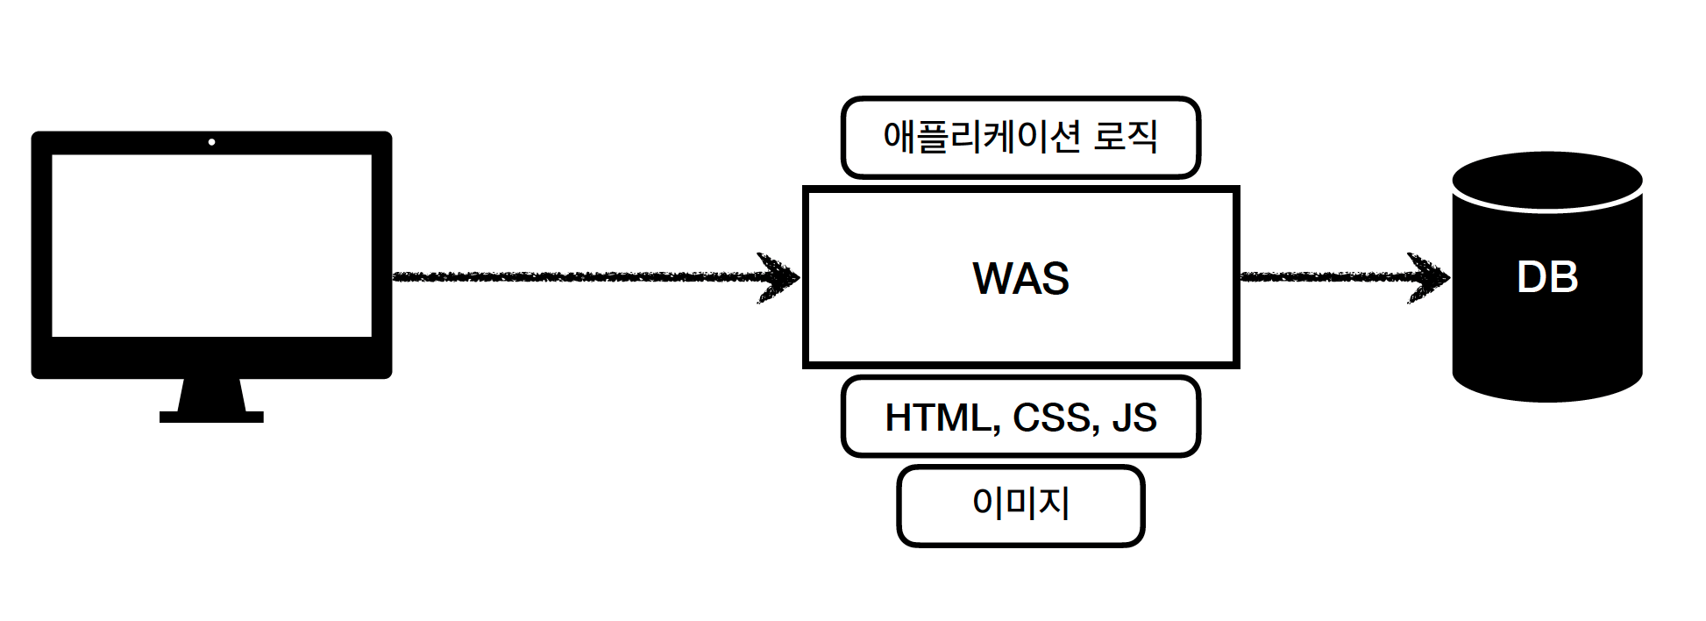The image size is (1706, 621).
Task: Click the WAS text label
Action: click(x=1020, y=279)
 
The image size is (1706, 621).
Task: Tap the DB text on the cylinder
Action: click(x=1547, y=277)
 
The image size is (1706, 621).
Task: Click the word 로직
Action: click(x=1126, y=137)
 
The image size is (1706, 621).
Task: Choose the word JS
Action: click(x=1134, y=418)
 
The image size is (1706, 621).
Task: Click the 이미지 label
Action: click(x=1020, y=503)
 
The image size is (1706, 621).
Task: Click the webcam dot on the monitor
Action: click(x=211, y=142)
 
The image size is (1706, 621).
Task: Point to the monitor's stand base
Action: click(x=211, y=418)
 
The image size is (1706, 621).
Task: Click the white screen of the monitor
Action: click(x=211, y=246)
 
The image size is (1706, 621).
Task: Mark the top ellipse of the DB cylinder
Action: click(x=1547, y=181)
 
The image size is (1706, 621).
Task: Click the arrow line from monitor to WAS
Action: click(x=570, y=277)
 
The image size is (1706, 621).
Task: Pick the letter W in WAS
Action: click(x=992, y=279)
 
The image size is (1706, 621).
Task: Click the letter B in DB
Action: click(x=1563, y=277)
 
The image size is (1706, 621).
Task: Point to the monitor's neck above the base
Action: click(x=211, y=395)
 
